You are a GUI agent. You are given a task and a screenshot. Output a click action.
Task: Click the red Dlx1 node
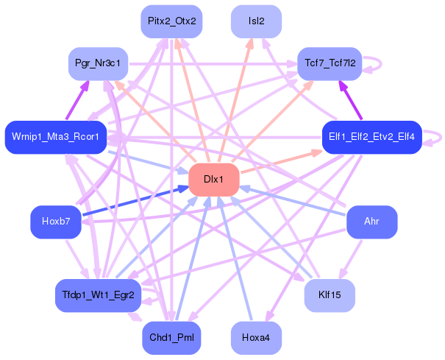[x=214, y=180]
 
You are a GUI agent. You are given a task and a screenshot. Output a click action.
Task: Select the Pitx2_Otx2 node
[x=171, y=21]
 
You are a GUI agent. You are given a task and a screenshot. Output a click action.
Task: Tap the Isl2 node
[x=256, y=21]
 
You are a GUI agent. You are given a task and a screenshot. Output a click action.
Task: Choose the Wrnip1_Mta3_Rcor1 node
[x=56, y=137]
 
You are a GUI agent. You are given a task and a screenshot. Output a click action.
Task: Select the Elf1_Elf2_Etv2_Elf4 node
[x=371, y=137]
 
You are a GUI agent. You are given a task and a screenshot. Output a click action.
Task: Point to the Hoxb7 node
[x=56, y=222]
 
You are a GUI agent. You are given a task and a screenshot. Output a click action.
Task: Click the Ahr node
[x=371, y=222]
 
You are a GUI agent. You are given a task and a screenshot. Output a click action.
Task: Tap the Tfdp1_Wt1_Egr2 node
[x=98, y=295]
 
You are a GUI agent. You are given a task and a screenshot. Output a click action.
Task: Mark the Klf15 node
[x=330, y=295]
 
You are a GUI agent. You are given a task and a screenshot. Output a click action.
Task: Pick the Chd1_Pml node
[x=171, y=338]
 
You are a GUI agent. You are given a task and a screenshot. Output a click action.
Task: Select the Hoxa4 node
[x=256, y=338]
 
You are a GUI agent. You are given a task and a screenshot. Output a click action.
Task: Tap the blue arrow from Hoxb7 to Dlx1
[x=132, y=202]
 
